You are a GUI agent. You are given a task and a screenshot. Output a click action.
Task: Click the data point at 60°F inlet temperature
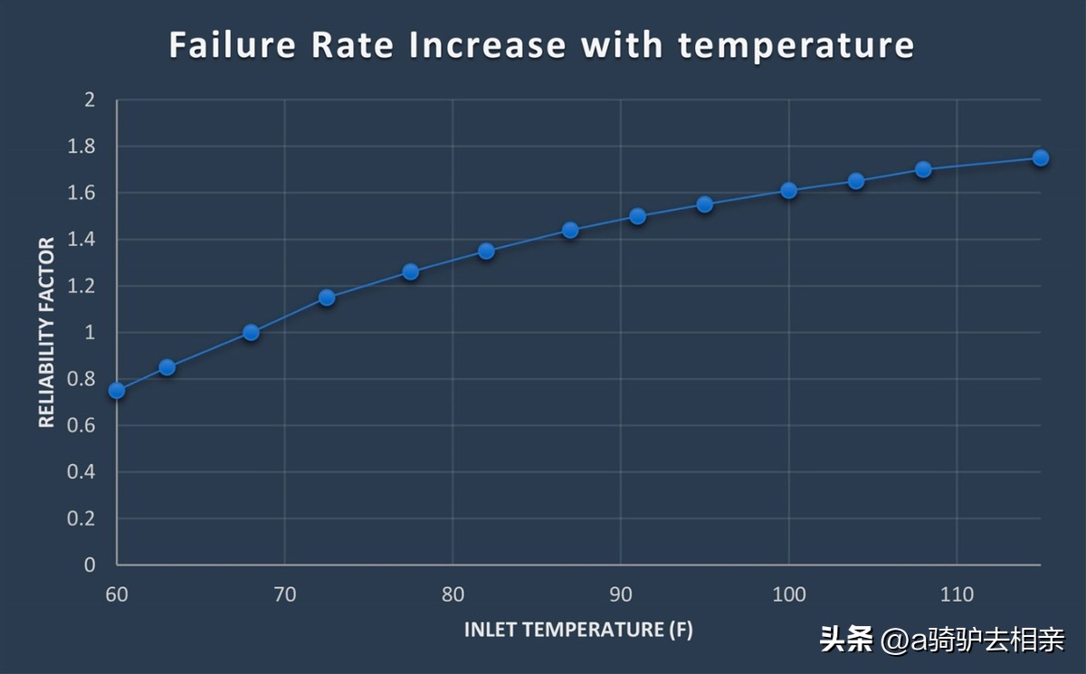pyautogui.click(x=117, y=391)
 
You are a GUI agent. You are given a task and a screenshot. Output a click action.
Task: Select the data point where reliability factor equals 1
pyautogui.click(x=252, y=333)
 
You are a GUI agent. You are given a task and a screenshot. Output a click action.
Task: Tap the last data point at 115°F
pyautogui.click(x=1041, y=158)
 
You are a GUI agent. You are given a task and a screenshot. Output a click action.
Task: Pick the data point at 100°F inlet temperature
pyautogui.click(x=789, y=191)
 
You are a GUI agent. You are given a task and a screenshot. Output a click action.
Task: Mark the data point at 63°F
pyautogui.click(x=167, y=367)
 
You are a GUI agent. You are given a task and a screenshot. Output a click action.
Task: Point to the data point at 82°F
pyautogui.click(x=486, y=252)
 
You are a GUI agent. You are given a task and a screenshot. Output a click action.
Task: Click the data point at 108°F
pyautogui.click(x=923, y=170)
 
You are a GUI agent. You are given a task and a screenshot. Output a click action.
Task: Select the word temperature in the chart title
pyautogui.click(x=796, y=45)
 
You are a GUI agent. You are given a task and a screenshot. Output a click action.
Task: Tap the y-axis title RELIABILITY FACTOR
pyautogui.click(x=47, y=332)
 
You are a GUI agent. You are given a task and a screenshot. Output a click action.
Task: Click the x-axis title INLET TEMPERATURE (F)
pyautogui.click(x=578, y=630)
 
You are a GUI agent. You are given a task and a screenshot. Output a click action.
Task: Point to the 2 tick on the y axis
pyautogui.click(x=90, y=100)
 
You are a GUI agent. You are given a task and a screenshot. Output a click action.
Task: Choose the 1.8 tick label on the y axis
pyautogui.click(x=83, y=147)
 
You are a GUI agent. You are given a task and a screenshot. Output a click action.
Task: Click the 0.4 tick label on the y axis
pyautogui.click(x=83, y=472)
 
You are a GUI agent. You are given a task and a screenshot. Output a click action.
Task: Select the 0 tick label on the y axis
pyautogui.click(x=90, y=565)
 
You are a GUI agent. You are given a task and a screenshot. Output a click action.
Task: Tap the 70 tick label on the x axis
pyautogui.click(x=285, y=594)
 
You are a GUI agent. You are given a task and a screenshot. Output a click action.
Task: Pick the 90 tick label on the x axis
pyautogui.click(x=621, y=594)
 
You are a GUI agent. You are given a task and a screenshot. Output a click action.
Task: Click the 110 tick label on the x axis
pyautogui.click(x=957, y=594)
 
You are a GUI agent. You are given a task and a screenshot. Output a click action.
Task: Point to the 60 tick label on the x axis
pyautogui.click(x=117, y=594)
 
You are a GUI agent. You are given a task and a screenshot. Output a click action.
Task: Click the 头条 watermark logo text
pyautogui.click(x=847, y=641)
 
